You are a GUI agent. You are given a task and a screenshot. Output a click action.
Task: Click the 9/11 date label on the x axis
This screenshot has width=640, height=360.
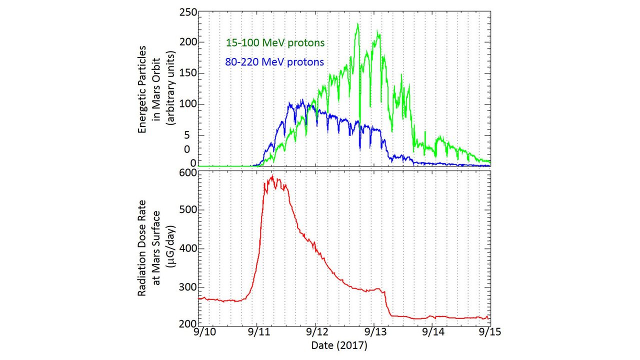[257, 332]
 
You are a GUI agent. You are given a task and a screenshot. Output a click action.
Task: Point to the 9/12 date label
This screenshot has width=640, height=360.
[315, 332]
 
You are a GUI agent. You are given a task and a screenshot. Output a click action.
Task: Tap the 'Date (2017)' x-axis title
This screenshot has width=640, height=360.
[339, 345]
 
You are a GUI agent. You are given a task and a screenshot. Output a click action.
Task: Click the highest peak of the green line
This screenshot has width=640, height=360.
[357, 24]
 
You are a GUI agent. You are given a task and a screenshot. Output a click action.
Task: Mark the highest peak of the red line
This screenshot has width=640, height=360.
[272, 176]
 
